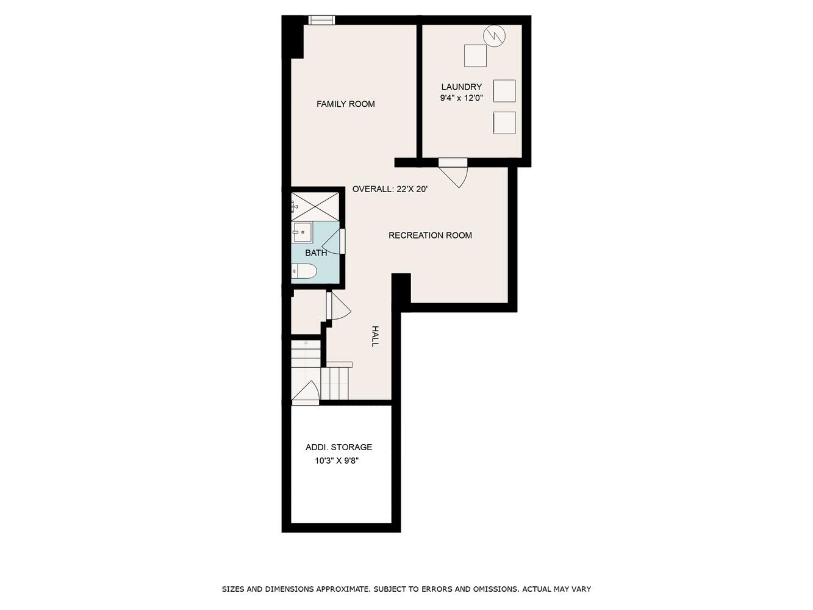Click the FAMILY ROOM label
[x=345, y=104]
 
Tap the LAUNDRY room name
[x=461, y=87]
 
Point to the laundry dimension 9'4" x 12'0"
[x=461, y=98]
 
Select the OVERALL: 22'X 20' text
[x=390, y=189]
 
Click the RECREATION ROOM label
[x=430, y=235]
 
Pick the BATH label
[x=316, y=253]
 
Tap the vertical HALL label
[x=375, y=336]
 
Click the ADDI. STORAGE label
[x=338, y=447]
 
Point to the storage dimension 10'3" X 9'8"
[x=337, y=461]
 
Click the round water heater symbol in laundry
[x=494, y=36]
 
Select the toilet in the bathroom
[x=304, y=271]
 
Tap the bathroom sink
[x=302, y=232]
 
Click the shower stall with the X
[x=315, y=207]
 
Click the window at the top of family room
[x=321, y=20]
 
